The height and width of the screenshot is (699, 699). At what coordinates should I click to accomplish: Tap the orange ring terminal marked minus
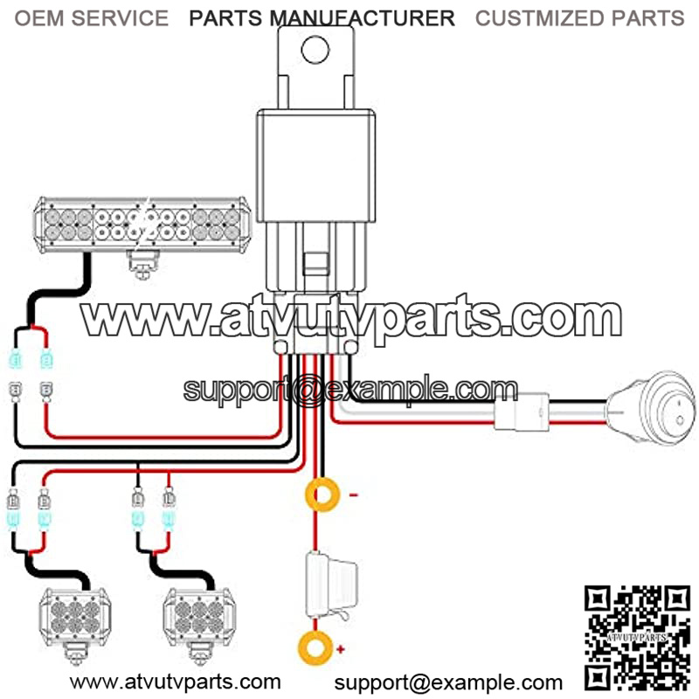coord(322,495)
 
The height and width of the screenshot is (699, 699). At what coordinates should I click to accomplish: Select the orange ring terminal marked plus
coord(315,648)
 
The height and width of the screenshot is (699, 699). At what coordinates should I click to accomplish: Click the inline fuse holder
coord(330,585)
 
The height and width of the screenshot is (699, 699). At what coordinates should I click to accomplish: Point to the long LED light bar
coord(142,225)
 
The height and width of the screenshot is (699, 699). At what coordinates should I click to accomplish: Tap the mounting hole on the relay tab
coord(315,50)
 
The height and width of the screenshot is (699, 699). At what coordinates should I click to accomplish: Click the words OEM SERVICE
coord(92,18)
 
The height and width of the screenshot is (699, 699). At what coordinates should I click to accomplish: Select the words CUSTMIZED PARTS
coord(579,18)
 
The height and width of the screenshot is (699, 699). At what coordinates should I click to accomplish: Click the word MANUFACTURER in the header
coord(363,18)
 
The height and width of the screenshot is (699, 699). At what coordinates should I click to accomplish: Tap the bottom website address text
coord(176,682)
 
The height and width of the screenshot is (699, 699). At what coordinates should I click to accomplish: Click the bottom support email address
coord(448,682)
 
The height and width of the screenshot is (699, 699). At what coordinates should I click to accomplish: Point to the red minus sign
coord(354,495)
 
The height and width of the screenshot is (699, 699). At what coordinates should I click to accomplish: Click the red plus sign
coord(341,649)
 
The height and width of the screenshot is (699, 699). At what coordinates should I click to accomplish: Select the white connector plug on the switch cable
coord(522,412)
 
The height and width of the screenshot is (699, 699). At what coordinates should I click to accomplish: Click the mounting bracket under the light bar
coord(143,265)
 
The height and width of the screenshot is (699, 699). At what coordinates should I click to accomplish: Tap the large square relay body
coord(315,166)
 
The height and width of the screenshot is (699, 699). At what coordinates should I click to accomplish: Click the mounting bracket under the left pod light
coord(75,654)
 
